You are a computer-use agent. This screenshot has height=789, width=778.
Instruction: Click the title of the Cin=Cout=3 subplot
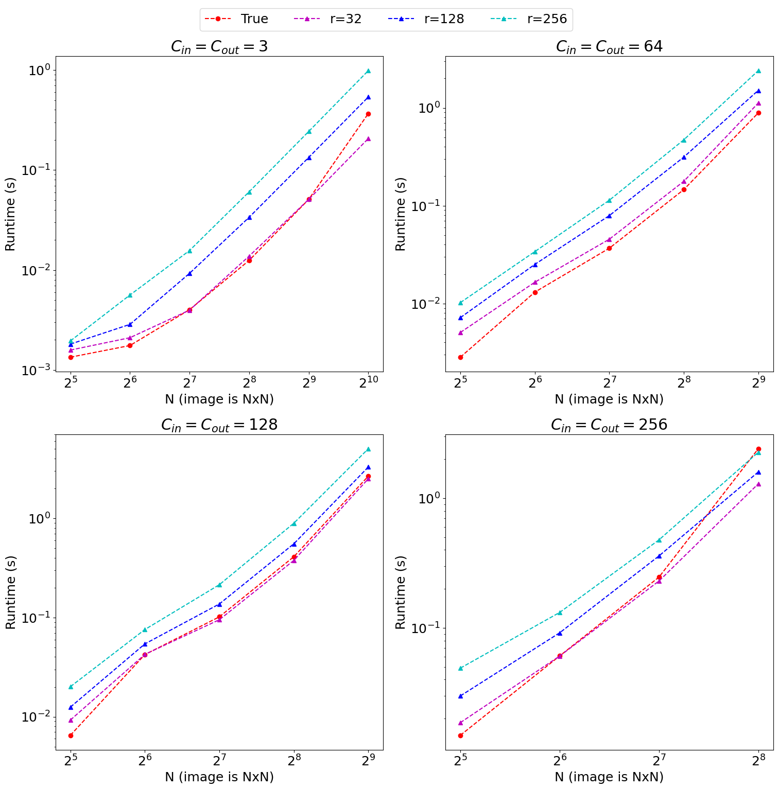(219, 47)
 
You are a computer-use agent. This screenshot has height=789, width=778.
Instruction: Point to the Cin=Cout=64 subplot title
(609, 47)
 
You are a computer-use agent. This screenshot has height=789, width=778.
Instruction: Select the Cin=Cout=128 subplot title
(219, 425)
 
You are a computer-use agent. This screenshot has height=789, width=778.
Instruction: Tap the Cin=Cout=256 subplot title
(609, 425)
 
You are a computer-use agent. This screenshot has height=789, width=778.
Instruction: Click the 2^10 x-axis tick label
(368, 383)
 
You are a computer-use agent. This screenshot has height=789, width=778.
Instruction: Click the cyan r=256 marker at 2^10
(368, 71)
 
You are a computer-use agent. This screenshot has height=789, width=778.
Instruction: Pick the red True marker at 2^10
(368, 114)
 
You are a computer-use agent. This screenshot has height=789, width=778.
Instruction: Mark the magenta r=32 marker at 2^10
(368, 138)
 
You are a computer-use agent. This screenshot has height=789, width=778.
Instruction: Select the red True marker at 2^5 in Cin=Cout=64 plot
(460, 357)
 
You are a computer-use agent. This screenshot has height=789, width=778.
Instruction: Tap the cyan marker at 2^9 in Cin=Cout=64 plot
(758, 71)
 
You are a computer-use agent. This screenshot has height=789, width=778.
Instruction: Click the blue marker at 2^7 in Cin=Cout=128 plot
(220, 604)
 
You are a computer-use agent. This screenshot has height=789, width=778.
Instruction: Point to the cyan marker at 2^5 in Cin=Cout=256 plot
(460, 668)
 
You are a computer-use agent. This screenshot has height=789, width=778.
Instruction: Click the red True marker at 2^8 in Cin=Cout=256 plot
(758, 449)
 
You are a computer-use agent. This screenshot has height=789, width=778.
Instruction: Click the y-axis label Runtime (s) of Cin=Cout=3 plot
(10, 214)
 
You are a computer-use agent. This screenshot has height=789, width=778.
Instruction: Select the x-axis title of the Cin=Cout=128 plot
(219, 777)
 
